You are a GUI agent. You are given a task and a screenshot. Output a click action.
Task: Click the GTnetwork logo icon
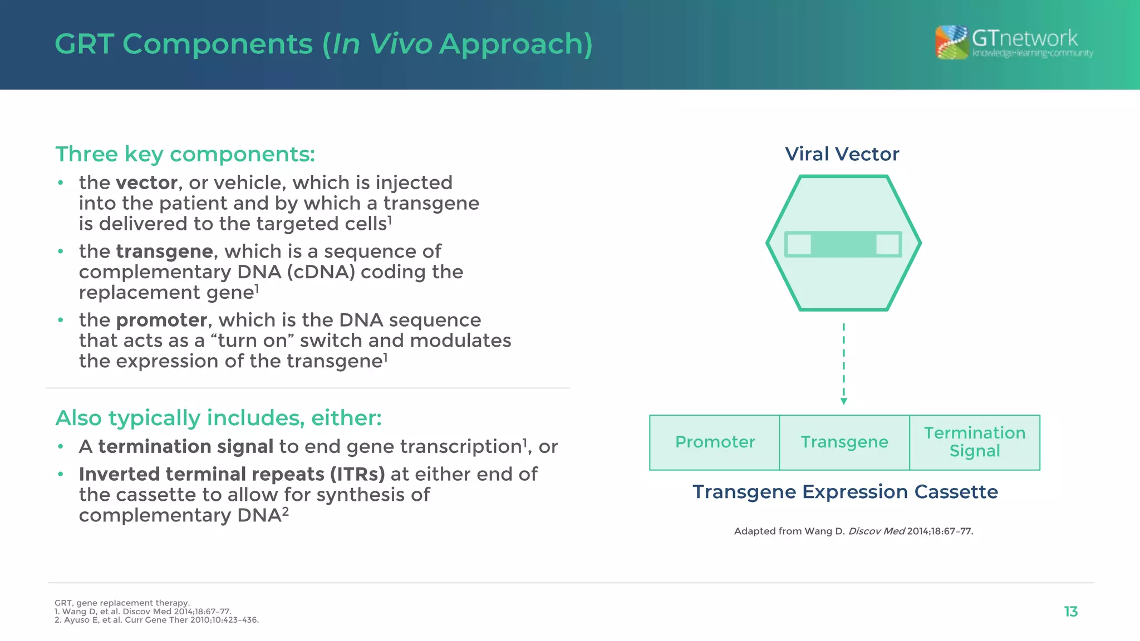click(x=951, y=42)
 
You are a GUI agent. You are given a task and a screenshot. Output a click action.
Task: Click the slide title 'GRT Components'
click(x=184, y=44)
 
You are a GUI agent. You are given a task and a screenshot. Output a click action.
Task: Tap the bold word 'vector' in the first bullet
click(x=146, y=183)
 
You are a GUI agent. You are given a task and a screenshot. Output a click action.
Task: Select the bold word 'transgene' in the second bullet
click(x=164, y=252)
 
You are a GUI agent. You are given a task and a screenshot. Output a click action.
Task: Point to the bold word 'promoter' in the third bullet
click(x=161, y=320)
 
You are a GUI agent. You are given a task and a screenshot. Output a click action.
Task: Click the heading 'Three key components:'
click(x=185, y=154)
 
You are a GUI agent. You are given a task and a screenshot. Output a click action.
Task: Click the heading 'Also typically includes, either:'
click(x=218, y=418)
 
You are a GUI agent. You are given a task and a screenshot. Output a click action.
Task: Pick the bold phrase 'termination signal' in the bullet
click(x=185, y=447)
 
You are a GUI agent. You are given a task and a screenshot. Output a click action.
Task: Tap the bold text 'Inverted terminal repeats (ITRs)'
click(x=232, y=474)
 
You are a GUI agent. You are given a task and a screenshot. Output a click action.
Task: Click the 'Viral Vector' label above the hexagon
click(x=842, y=154)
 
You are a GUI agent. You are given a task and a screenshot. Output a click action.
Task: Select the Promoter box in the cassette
click(x=715, y=442)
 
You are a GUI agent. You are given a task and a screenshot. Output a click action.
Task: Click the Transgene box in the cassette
click(x=844, y=442)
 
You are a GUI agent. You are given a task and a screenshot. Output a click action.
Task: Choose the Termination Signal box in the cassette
click(x=975, y=442)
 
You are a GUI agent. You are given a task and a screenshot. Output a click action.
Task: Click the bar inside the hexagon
click(x=843, y=244)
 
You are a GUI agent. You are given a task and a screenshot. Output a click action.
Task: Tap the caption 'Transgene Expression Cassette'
click(x=845, y=492)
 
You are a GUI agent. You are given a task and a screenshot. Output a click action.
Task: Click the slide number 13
click(x=1070, y=612)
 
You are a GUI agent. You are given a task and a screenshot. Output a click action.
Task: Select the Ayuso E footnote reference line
click(x=156, y=620)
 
